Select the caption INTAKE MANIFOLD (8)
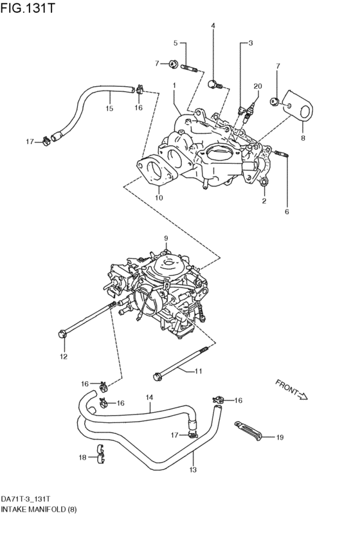[42, 508]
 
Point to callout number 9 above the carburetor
[165, 238]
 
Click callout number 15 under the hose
[109, 109]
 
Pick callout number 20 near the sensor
[258, 86]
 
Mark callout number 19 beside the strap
[280, 438]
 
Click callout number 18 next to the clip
[82, 458]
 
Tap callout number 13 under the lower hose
[192, 470]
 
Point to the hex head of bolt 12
[62, 333]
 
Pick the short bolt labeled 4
[215, 83]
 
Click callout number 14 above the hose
[149, 397]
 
